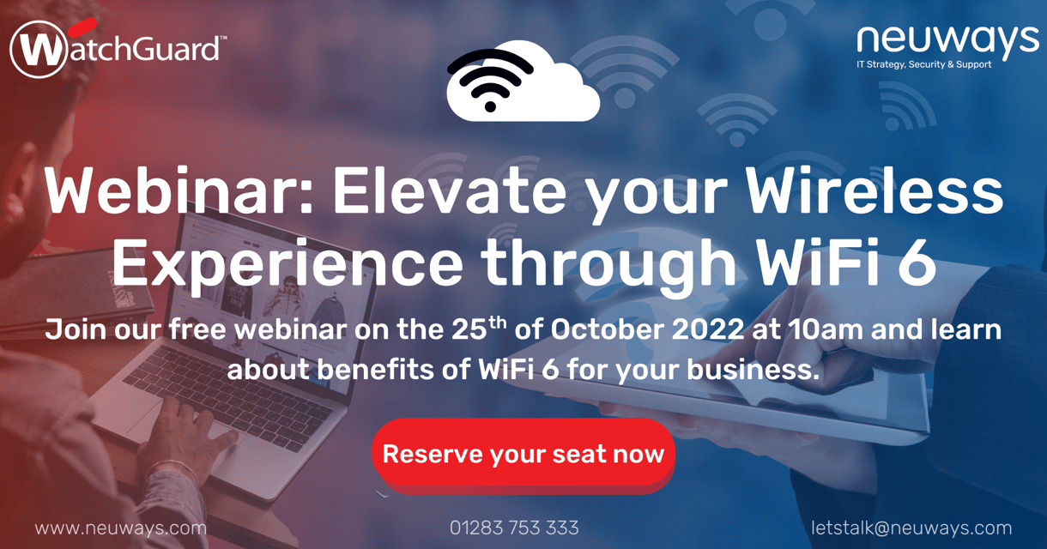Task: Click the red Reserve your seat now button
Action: coord(523,454)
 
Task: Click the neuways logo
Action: coord(947,39)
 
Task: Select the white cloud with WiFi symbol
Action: coord(522,81)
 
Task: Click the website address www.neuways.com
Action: coord(121,528)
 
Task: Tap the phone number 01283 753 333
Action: coord(514,528)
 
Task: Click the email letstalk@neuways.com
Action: coord(911,528)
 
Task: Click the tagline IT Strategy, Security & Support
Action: coord(923,65)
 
